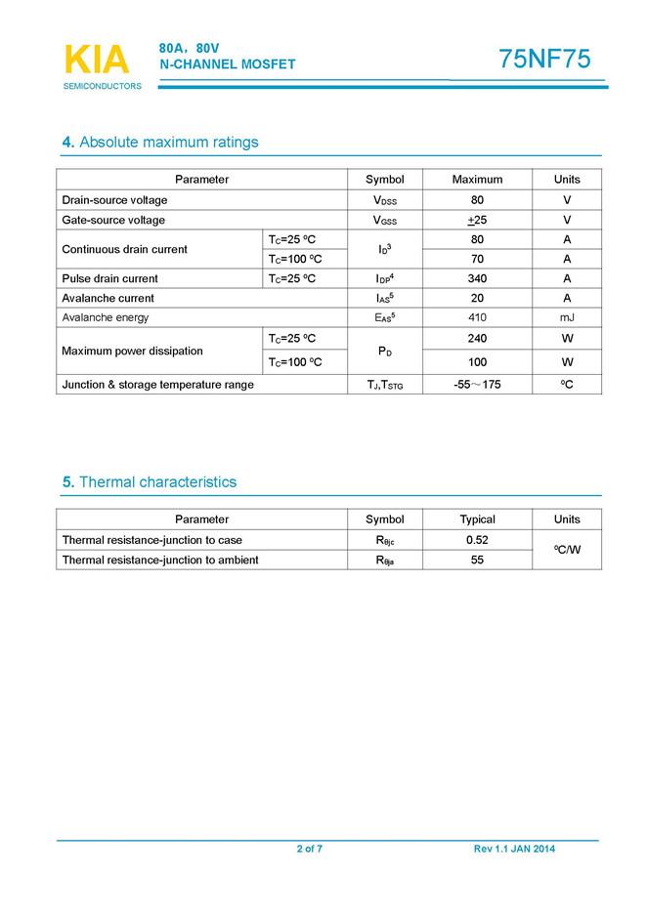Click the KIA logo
(96, 61)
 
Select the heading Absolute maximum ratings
(160, 143)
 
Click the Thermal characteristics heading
(150, 482)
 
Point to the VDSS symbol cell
(384, 200)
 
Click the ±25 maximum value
(477, 220)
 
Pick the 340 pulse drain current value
(477, 278)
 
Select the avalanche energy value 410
(477, 317)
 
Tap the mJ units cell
(567, 317)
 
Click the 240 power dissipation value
(477, 338)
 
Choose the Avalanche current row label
(108, 298)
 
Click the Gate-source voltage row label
(113, 220)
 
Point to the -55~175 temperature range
(477, 385)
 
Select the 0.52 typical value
(477, 540)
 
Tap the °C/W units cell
(567, 550)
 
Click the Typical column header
(477, 519)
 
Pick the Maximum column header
(477, 180)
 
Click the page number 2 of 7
(310, 849)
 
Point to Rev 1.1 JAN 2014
(514, 849)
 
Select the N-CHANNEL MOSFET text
(227, 64)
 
